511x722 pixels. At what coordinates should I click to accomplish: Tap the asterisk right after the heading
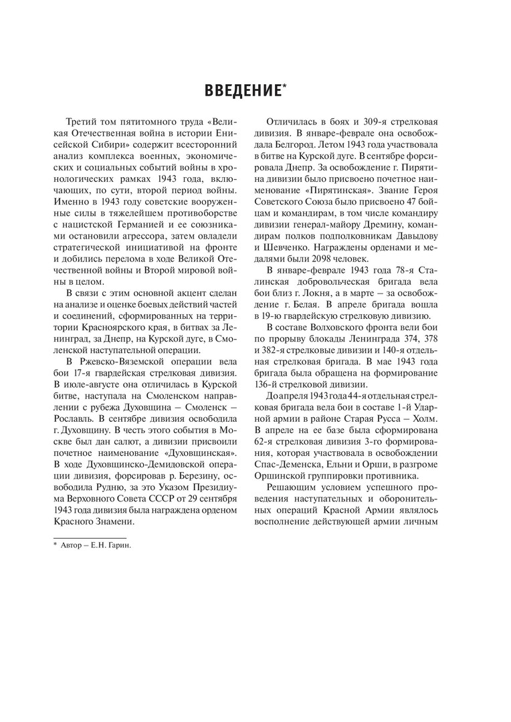pyautogui.click(x=285, y=84)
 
